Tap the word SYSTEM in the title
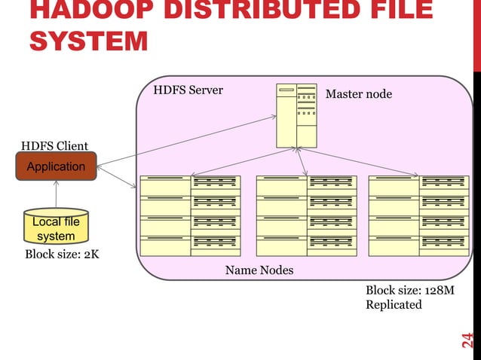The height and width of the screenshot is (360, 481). tap(88, 42)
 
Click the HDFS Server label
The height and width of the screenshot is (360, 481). tap(188, 90)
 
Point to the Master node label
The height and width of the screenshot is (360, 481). tap(358, 94)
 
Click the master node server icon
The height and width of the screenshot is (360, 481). tap(296, 114)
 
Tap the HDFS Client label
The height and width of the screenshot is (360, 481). tap(54, 146)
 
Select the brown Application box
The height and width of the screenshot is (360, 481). tap(56, 166)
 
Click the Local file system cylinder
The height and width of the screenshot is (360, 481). tap(56, 227)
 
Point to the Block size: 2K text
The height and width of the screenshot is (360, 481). tap(62, 255)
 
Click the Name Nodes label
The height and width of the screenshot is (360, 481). tap(259, 270)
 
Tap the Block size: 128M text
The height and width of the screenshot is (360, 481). tap(410, 291)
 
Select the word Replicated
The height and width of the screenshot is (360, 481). tap(394, 305)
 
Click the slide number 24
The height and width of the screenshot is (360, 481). tap(467, 340)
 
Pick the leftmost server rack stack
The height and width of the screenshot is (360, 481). tap(190, 215)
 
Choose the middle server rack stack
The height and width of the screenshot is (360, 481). tap(306, 215)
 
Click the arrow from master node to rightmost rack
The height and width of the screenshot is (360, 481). tap(362, 162)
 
